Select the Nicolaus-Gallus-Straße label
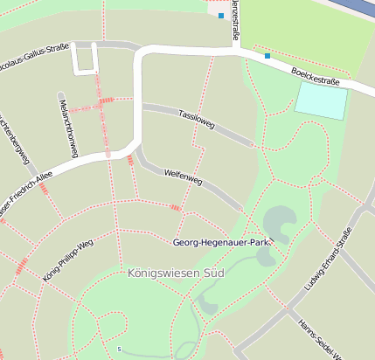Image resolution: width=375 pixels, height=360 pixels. pos(35,58)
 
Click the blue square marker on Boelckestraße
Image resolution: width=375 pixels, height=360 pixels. pos(267,57)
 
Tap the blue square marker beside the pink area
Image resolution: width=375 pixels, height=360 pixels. pos(221,16)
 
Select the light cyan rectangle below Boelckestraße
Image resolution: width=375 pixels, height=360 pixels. pos(321,101)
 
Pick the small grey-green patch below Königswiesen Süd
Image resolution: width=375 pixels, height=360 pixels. pos(207,303)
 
